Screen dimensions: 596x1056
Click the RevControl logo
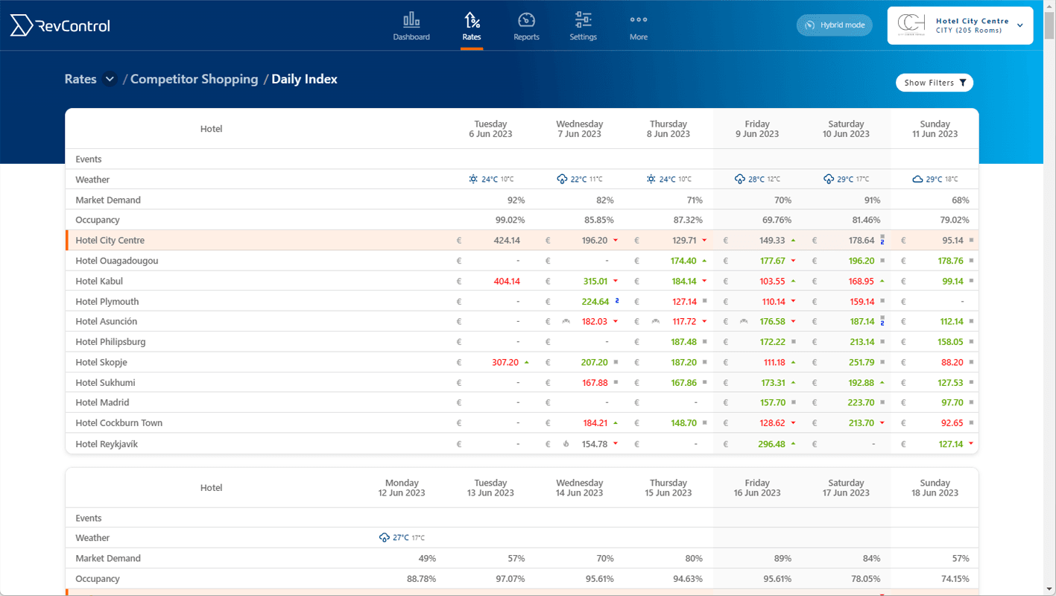[60, 26]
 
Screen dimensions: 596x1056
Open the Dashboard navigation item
[411, 26]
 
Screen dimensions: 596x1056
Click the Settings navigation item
[583, 26]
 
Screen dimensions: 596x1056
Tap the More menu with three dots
[639, 26]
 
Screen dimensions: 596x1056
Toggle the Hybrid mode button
[835, 25]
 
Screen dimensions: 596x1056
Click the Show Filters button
[934, 83]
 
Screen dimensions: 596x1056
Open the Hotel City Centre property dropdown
[960, 25]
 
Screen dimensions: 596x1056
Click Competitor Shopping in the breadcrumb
[194, 79]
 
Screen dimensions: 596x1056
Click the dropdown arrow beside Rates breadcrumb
[110, 79]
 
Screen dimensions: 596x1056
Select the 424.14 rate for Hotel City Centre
[506, 241]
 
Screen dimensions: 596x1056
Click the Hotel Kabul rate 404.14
[506, 282]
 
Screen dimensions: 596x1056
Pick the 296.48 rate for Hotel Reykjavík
[771, 444]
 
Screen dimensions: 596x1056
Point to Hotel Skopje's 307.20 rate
[505, 363]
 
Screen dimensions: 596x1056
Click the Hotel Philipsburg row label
[110, 342]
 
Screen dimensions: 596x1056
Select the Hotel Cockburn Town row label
[118, 423]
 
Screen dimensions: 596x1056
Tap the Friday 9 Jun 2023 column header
[757, 129]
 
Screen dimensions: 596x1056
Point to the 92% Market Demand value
[515, 200]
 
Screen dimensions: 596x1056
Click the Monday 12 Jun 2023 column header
[402, 488]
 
